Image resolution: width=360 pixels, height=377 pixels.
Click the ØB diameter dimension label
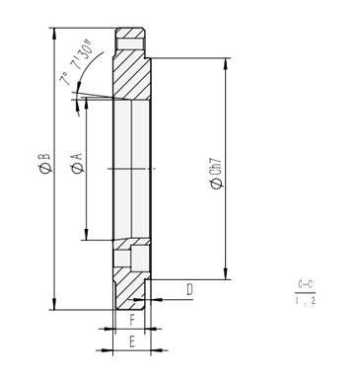tap(43, 163)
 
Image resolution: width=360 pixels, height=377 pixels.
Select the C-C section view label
tap(305, 285)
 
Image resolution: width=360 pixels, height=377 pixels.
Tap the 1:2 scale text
tap(305, 300)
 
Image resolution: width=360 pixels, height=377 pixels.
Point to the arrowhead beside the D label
tap(153, 295)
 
